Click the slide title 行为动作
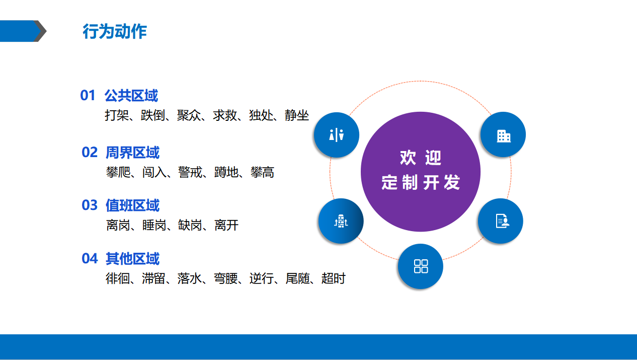115,31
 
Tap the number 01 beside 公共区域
88,95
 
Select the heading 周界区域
132,152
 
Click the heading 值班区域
132,205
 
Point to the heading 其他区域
132,258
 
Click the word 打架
117,115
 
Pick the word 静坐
297,115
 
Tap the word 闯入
154,172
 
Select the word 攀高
262,172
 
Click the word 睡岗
154,225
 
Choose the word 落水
189,278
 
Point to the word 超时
334,278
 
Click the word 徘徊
117,278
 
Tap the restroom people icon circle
337,135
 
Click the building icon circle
503,134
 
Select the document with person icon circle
501,221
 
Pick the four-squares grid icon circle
421,266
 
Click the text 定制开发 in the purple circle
421,182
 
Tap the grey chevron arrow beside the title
40,31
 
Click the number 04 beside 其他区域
90,258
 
